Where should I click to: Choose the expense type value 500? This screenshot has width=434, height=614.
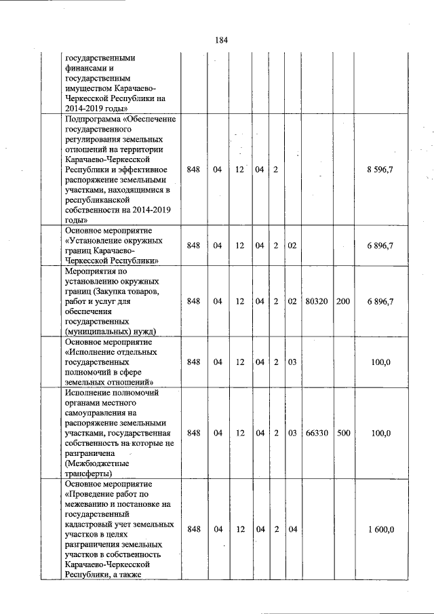342,432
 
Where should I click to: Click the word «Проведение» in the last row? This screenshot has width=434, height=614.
93,494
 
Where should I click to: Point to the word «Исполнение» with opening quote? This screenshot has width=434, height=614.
92,352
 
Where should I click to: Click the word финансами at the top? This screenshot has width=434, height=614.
85,69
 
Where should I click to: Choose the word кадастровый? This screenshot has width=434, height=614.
92,524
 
